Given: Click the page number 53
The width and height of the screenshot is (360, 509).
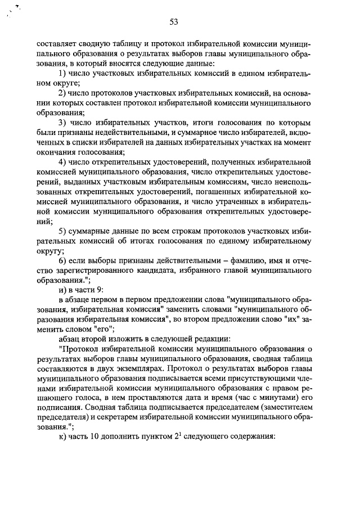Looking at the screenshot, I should tap(174, 22).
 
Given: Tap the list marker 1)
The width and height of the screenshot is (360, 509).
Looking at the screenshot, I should tap(62, 74).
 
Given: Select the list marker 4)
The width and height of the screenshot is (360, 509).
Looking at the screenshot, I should tap(62, 162).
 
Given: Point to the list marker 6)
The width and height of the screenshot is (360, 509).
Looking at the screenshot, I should tap(62, 260).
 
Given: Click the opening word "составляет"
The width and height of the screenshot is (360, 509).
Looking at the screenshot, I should tap(57, 44).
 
